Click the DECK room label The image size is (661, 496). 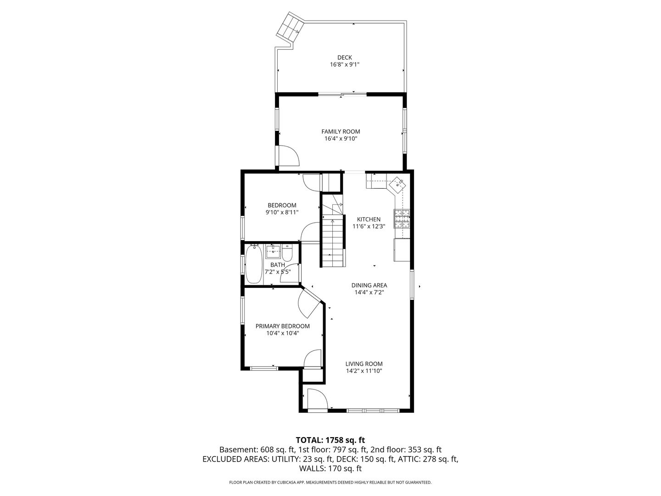pyautogui.click(x=345, y=57)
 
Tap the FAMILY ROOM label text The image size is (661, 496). pyautogui.click(x=341, y=131)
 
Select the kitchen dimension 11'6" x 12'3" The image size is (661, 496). pyautogui.click(x=369, y=226)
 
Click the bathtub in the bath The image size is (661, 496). pyautogui.click(x=254, y=264)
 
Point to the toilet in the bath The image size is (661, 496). pyautogui.click(x=287, y=253)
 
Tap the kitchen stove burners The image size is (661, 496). pyautogui.click(x=402, y=219)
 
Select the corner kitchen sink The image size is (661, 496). pyautogui.click(x=398, y=185)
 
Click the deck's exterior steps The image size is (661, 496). pyautogui.click(x=290, y=27)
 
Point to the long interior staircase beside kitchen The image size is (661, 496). pyautogui.click(x=333, y=241)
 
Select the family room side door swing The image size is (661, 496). pyautogui.click(x=288, y=156)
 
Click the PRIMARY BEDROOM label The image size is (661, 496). pyautogui.click(x=282, y=326)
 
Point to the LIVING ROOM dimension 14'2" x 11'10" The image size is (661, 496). pyautogui.click(x=364, y=371)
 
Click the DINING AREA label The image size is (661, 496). pyautogui.click(x=369, y=285)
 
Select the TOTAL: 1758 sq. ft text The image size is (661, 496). pyautogui.click(x=330, y=440)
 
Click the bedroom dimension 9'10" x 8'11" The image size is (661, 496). pyautogui.click(x=282, y=212)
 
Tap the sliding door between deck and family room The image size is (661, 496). pyautogui.click(x=342, y=95)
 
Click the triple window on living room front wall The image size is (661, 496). pyautogui.click(x=373, y=411)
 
